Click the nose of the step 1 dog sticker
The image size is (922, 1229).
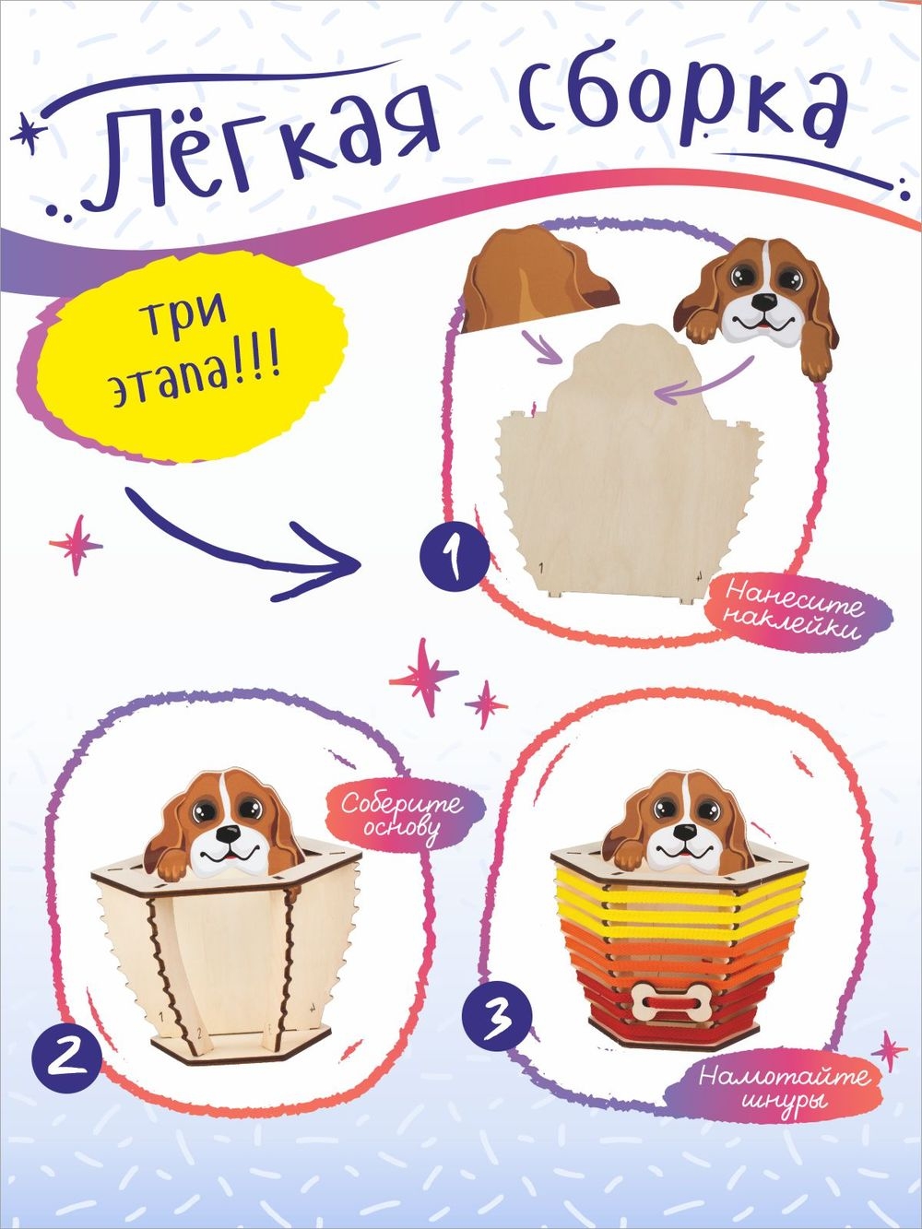coord(763,301)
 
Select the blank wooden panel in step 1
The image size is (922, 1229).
coord(630,466)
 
